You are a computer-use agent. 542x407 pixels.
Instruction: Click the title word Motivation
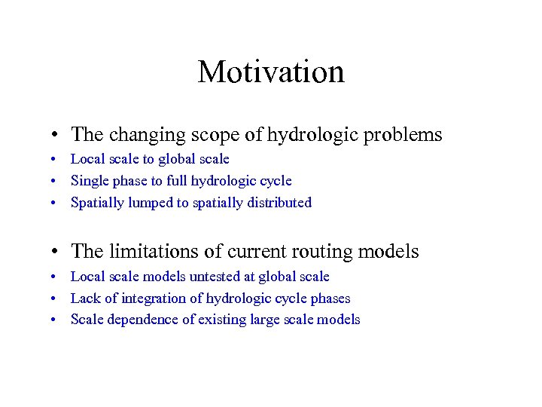click(271, 72)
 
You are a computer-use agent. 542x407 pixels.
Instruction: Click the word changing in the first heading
click(141, 136)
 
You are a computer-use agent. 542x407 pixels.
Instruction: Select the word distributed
click(279, 203)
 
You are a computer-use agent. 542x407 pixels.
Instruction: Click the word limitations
click(151, 252)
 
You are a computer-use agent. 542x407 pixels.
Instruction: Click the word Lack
click(85, 298)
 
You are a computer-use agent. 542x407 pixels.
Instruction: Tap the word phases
click(331, 299)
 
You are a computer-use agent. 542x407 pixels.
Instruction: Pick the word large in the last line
click(268, 320)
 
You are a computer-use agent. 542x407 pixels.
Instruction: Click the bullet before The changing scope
click(57, 136)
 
